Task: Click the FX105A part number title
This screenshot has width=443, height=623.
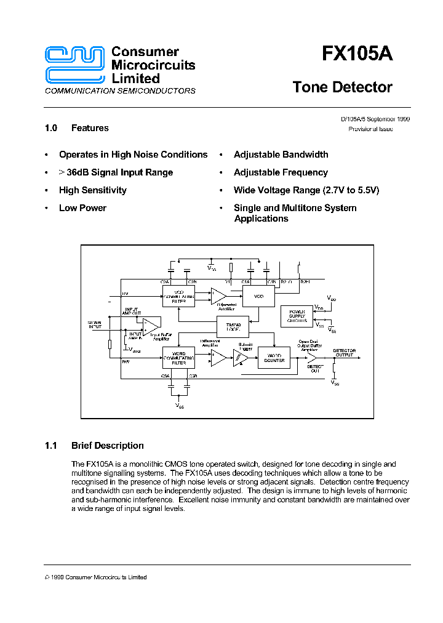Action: tap(357, 54)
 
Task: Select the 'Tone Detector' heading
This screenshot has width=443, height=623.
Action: tap(342, 87)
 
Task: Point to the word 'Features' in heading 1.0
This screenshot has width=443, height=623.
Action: tap(90, 128)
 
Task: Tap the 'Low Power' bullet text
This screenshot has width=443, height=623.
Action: tap(82, 208)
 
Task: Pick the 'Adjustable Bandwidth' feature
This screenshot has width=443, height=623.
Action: tap(281, 155)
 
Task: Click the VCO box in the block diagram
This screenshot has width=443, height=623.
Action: tap(258, 295)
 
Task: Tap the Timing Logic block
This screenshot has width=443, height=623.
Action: tap(233, 326)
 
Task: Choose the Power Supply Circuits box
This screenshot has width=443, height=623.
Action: tap(297, 316)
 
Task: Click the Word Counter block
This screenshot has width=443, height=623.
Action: tap(274, 358)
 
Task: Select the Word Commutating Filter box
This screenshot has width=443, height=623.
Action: tap(178, 358)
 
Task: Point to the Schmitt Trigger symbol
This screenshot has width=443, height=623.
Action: tap(241, 359)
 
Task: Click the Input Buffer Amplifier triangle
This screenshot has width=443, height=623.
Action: tap(150, 325)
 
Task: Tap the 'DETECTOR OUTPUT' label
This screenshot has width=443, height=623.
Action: tap(344, 353)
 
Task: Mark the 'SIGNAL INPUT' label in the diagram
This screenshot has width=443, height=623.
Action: tap(95, 324)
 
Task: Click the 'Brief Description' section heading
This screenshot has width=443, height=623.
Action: tap(107, 446)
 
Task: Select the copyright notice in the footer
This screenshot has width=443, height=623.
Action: tap(96, 577)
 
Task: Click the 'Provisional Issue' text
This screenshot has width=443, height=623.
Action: tap(370, 129)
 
